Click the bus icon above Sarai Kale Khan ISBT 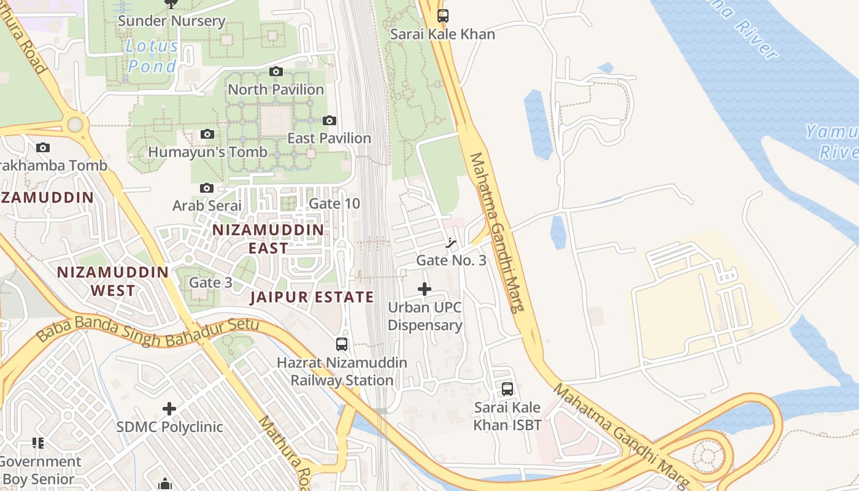(507, 389)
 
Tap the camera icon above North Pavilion (276, 71)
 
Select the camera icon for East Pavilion (329, 120)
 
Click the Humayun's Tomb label (207, 152)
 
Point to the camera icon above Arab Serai (207, 188)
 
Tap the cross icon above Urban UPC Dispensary (424, 289)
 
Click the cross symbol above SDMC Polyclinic (169, 408)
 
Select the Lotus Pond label (152, 56)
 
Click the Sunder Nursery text (171, 21)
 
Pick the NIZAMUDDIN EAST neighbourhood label (268, 239)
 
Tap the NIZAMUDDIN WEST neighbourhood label (113, 280)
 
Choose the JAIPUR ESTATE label (312, 298)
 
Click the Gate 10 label (334, 203)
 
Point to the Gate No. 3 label (451, 260)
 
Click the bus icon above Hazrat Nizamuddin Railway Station (342, 344)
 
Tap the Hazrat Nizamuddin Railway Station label (342, 371)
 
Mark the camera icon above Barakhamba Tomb (43, 147)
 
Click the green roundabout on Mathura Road (75, 125)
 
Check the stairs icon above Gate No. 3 (452, 242)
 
